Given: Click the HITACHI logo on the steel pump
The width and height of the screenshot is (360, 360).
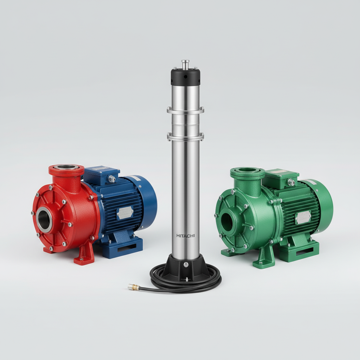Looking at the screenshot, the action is (x=186, y=236).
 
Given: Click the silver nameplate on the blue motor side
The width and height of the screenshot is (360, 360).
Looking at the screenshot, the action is (x=125, y=212).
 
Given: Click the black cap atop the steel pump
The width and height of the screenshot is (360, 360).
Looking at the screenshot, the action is (x=186, y=76).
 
